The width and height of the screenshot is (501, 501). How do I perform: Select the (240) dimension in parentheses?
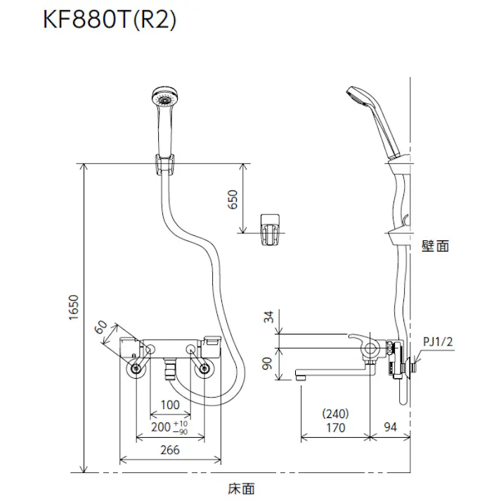coord(335,414)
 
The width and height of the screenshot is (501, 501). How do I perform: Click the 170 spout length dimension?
coord(335,428)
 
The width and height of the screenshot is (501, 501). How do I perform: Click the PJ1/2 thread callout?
coord(440,342)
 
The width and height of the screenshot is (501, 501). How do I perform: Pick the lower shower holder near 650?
coord(271,229)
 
